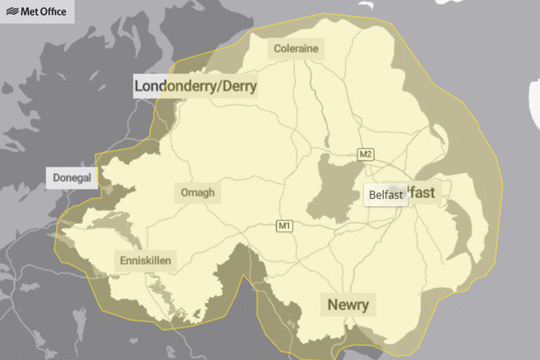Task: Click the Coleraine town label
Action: coord(295,47)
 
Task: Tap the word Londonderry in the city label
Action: coord(177,86)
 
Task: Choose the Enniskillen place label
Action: coord(146,260)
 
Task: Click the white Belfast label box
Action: coord(386,195)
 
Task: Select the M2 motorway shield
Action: coord(366,155)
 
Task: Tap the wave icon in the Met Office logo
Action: coord(11,12)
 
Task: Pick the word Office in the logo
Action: coord(56,12)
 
